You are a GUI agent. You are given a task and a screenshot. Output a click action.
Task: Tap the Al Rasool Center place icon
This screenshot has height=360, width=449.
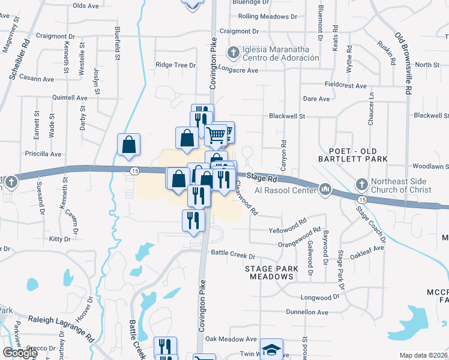[325, 190]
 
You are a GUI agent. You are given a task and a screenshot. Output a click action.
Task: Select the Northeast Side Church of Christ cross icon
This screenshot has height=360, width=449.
[361, 183]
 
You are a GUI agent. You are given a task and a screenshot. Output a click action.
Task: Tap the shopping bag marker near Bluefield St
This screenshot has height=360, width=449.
[129, 145]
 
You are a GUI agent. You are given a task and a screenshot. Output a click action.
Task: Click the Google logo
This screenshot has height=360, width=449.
[20, 353]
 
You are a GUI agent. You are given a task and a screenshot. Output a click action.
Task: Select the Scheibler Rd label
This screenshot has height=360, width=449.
[19, 60]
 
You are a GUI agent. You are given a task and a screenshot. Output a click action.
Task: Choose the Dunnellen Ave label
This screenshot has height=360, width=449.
[307, 312]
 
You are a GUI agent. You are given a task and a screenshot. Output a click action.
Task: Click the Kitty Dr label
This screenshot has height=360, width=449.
[59, 239]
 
